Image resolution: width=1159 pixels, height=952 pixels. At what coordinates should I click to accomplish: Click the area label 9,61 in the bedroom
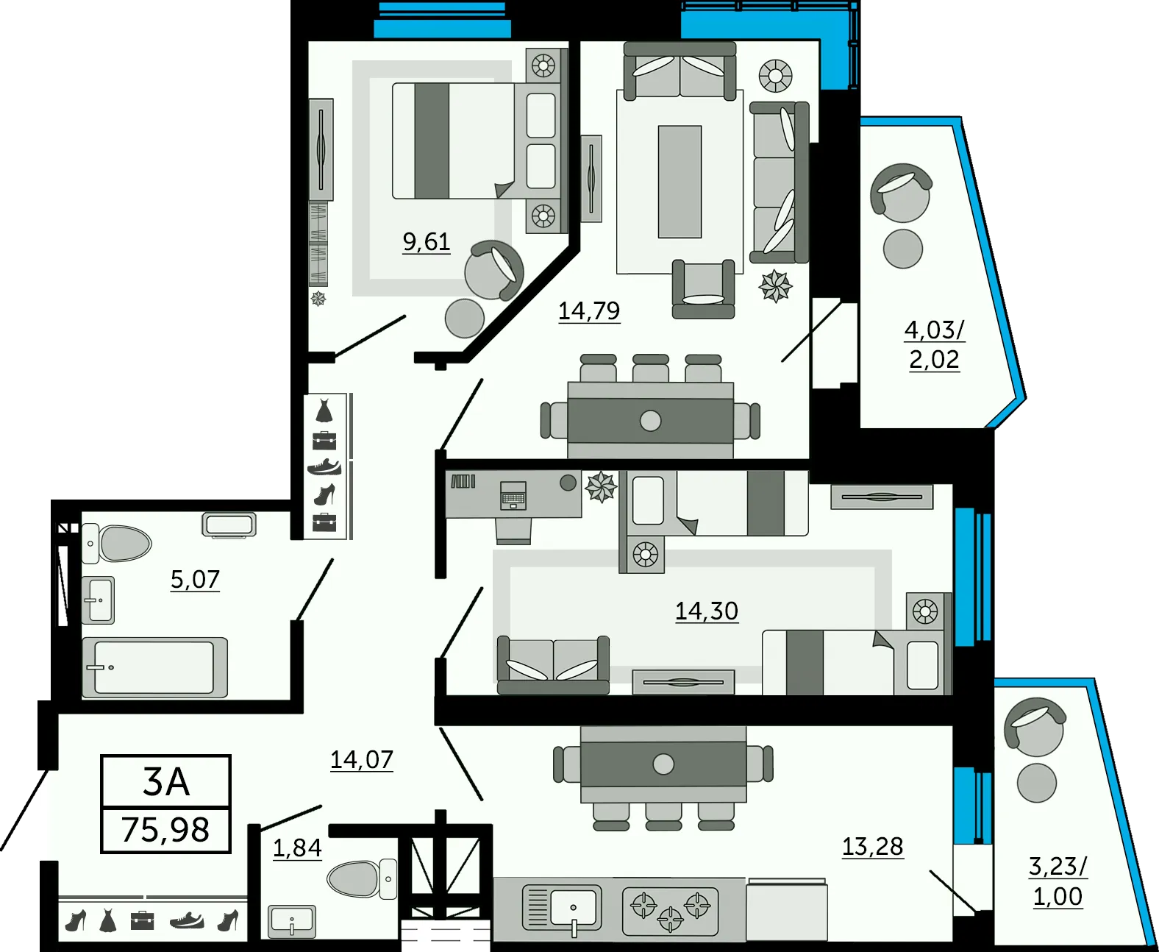pyautogui.click(x=427, y=242)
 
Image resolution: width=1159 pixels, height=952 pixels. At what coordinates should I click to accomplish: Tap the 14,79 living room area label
pyautogui.click(x=589, y=311)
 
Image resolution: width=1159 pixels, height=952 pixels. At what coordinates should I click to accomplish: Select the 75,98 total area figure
pyautogui.click(x=165, y=829)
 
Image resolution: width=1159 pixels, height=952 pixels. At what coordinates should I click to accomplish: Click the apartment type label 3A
pyautogui.click(x=166, y=782)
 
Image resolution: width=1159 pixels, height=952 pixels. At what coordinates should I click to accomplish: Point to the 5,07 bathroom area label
pyautogui.click(x=195, y=579)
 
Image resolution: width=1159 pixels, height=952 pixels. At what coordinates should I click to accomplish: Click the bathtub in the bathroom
pyautogui.click(x=154, y=667)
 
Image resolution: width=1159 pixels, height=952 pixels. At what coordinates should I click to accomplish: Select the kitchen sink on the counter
pyautogui.click(x=562, y=909)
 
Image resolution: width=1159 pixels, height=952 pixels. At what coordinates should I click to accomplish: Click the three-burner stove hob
pyautogui.click(x=671, y=911)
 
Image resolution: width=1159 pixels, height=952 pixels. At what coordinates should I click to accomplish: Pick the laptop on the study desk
pyautogui.click(x=513, y=495)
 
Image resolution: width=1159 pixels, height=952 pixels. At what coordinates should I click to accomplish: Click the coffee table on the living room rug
pyautogui.click(x=680, y=182)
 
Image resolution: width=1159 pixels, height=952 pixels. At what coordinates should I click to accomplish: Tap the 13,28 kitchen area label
pyautogui.click(x=873, y=847)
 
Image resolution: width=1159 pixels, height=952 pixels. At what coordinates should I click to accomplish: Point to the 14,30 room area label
pyautogui.click(x=707, y=611)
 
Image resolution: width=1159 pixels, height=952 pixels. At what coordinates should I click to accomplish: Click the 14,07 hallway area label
pyautogui.click(x=362, y=760)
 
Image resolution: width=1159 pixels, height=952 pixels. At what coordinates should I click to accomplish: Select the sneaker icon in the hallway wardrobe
pyautogui.click(x=324, y=466)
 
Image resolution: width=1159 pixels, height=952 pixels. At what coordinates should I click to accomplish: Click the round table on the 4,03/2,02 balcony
pyautogui.click(x=903, y=249)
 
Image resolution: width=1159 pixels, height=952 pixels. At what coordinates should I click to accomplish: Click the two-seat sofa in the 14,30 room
pyautogui.click(x=554, y=665)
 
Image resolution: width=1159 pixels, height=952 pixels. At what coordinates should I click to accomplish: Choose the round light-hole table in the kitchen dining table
pyautogui.click(x=663, y=764)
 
